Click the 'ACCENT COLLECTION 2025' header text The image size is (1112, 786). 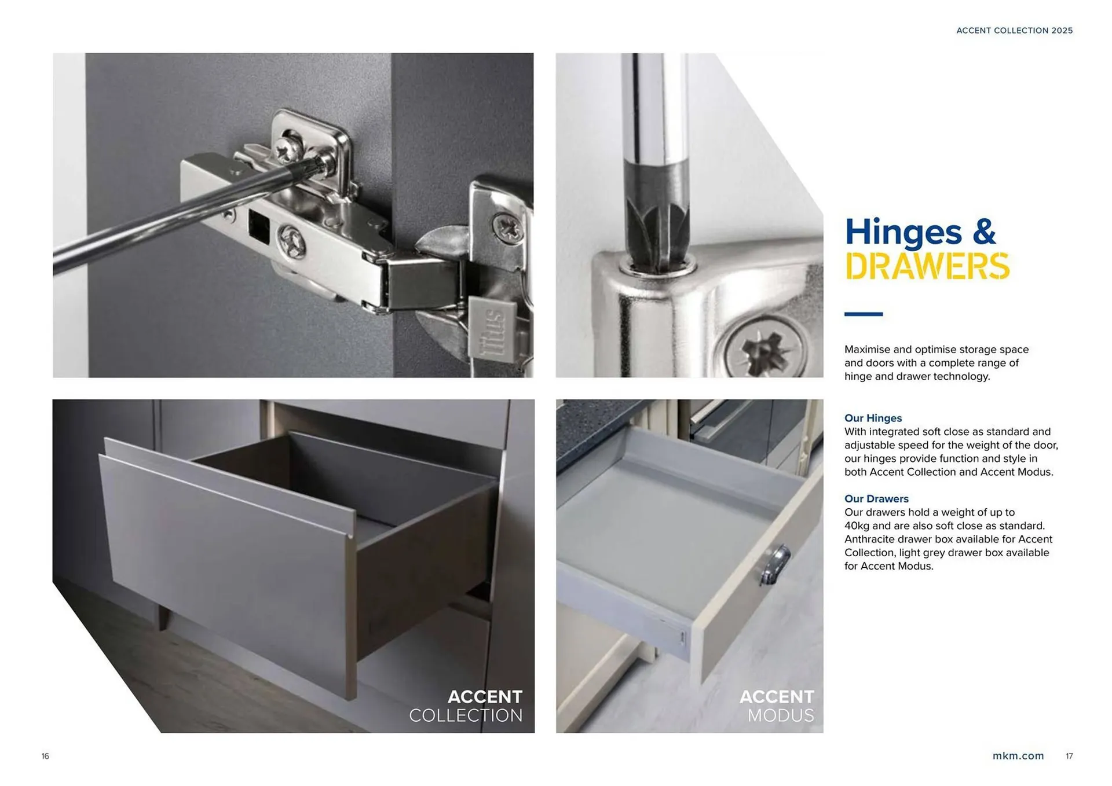pos(1014,31)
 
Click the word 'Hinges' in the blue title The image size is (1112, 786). pos(903,232)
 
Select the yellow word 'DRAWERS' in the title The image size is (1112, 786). pos(927,266)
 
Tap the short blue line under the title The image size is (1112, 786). pos(863,314)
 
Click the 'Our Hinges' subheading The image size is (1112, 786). pos(873,418)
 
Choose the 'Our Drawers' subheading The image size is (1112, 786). pos(876,498)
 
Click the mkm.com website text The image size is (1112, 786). pos(1018,756)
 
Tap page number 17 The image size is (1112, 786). pos(1069,756)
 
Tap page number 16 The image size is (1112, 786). pos(45,756)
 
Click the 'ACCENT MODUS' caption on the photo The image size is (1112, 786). pos(777,706)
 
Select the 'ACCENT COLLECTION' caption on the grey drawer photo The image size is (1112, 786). pos(466,706)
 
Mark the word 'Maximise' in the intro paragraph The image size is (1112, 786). pos(867,350)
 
